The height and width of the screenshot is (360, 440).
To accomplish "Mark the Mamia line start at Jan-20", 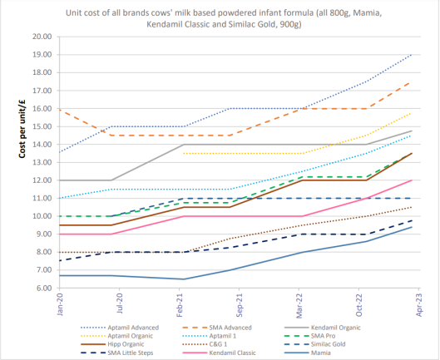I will (x=60, y=275).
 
